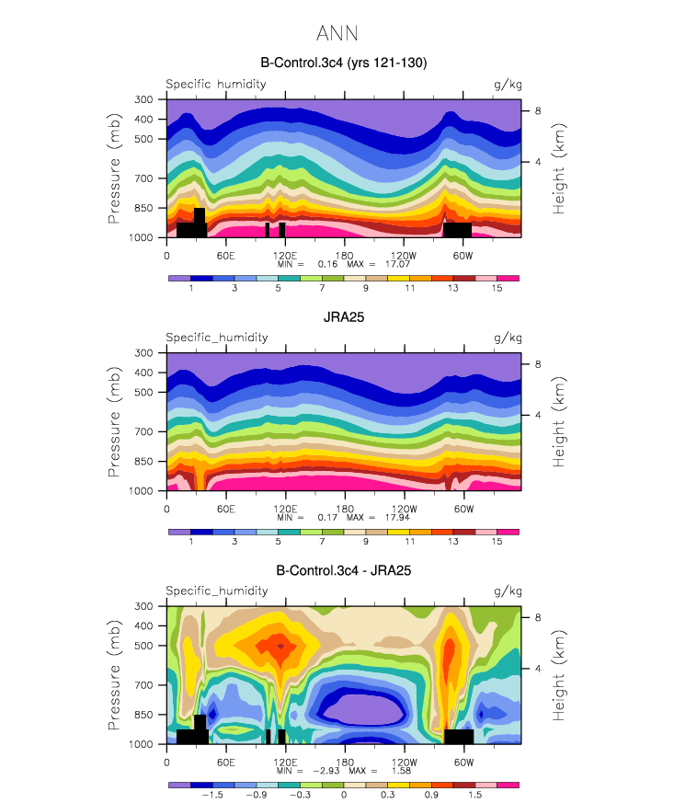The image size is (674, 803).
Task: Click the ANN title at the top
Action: (337, 33)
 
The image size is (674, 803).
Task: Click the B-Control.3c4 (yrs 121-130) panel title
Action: (343, 63)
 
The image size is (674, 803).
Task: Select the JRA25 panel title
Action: (343, 317)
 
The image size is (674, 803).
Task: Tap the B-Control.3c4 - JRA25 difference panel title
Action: (343, 570)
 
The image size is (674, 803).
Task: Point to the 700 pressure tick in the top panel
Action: (143, 178)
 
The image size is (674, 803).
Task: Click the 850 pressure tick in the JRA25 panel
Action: (143, 462)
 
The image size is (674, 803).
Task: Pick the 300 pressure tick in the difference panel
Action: (143, 606)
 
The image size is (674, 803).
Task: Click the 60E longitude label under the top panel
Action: (225, 256)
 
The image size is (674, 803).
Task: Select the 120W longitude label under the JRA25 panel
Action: (404, 509)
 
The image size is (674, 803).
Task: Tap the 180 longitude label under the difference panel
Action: (345, 762)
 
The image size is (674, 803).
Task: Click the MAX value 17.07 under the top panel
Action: (397, 264)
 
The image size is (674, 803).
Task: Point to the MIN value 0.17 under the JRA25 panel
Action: (327, 517)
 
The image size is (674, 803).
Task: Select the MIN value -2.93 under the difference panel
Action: (326, 771)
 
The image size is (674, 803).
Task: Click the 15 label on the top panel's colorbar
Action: (497, 288)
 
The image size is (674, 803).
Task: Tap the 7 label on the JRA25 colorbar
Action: (322, 541)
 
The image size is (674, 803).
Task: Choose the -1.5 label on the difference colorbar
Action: (212, 795)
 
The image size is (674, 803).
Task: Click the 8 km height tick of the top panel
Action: (538, 111)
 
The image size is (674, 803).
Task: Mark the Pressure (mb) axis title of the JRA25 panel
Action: (114, 421)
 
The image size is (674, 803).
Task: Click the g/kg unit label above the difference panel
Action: (508, 591)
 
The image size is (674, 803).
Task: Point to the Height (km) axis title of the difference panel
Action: (558, 675)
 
